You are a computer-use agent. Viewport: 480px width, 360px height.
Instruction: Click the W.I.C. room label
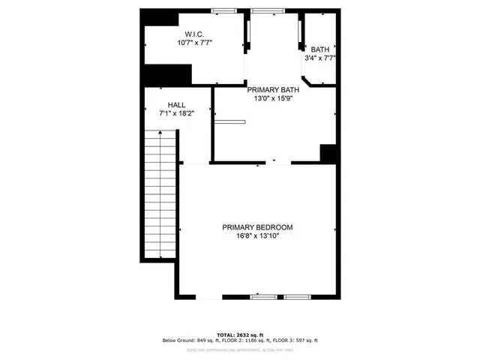[194, 34]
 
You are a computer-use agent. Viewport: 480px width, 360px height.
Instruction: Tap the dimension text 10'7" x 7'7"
[194, 43]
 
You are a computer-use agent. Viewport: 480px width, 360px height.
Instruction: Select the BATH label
[319, 49]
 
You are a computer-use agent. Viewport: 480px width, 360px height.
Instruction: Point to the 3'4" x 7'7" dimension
[319, 58]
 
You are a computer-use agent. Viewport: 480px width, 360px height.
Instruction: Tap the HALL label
[176, 105]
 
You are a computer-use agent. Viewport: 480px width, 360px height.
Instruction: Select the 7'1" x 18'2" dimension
[176, 114]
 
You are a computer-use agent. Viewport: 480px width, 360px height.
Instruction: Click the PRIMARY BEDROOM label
[257, 227]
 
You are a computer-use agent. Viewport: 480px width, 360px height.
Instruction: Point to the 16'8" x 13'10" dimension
[257, 236]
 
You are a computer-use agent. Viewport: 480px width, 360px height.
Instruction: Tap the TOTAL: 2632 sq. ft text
[239, 334]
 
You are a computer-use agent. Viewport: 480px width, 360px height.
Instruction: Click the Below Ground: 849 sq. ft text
[189, 341]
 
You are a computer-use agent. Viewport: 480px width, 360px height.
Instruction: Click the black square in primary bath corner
[328, 152]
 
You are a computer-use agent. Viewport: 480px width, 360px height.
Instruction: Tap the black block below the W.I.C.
[168, 75]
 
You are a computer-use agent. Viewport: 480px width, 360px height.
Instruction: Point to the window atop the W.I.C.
[223, 10]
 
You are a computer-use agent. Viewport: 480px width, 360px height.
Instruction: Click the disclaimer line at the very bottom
[239, 349]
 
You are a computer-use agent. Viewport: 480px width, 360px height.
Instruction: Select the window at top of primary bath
[268, 10]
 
